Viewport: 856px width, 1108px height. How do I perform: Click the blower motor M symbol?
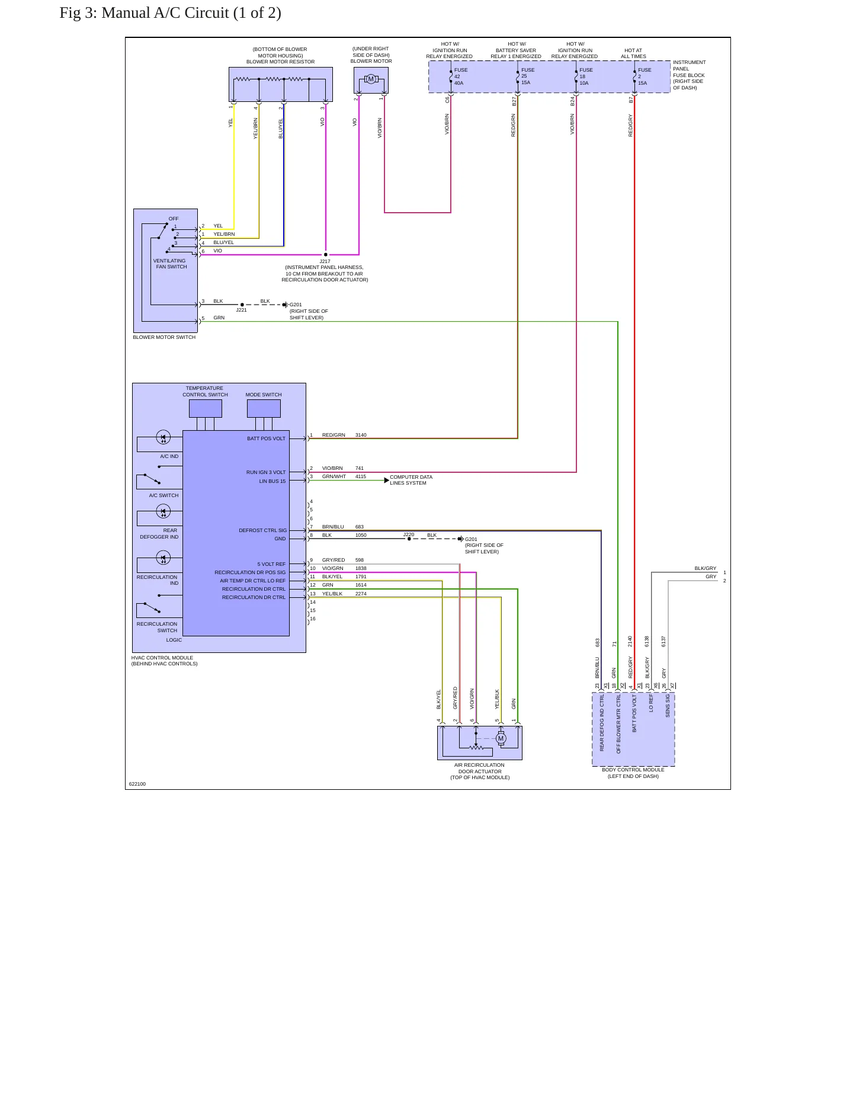pyautogui.click(x=371, y=79)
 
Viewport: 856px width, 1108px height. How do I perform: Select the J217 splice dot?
pyautogui.click(x=326, y=255)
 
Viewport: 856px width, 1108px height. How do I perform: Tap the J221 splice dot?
pyautogui.click(x=242, y=305)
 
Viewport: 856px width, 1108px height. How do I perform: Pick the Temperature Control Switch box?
pyautogui.click(x=206, y=408)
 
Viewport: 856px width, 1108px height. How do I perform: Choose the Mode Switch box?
pyautogui.click(x=264, y=408)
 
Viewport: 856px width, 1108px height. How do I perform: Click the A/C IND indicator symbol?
pyautogui.click(x=163, y=438)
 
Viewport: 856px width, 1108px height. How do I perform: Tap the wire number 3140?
pyautogui.click(x=361, y=435)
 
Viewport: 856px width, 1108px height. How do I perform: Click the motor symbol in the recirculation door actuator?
pyautogui.click(x=501, y=738)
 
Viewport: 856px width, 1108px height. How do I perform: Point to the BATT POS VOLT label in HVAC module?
pyautogui.click(x=266, y=438)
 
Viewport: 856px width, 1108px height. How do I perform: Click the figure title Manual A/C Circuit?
pyautogui.click(x=170, y=13)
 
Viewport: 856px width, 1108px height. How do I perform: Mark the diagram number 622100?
pyautogui.click(x=137, y=784)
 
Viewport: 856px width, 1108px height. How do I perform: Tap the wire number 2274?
pyautogui.click(x=361, y=594)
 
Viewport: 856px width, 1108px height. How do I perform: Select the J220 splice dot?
pyautogui.click(x=409, y=539)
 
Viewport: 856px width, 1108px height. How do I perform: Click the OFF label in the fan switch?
pyautogui.click(x=174, y=219)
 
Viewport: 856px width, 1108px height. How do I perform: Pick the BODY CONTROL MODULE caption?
pyautogui.click(x=633, y=770)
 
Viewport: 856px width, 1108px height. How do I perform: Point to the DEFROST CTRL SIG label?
pyautogui.click(x=262, y=530)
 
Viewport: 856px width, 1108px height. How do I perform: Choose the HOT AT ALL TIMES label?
pyautogui.click(x=633, y=53)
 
